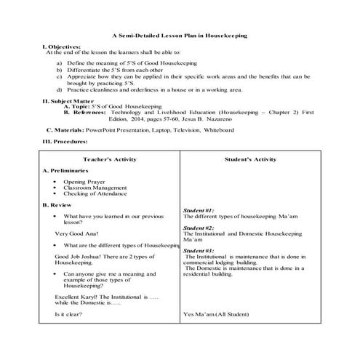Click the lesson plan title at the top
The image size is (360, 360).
180,35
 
